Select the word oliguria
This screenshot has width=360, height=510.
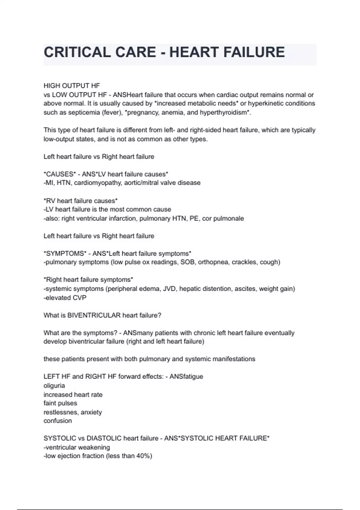(x=54, y=386)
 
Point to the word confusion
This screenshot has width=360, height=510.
(x=58, y=421)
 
